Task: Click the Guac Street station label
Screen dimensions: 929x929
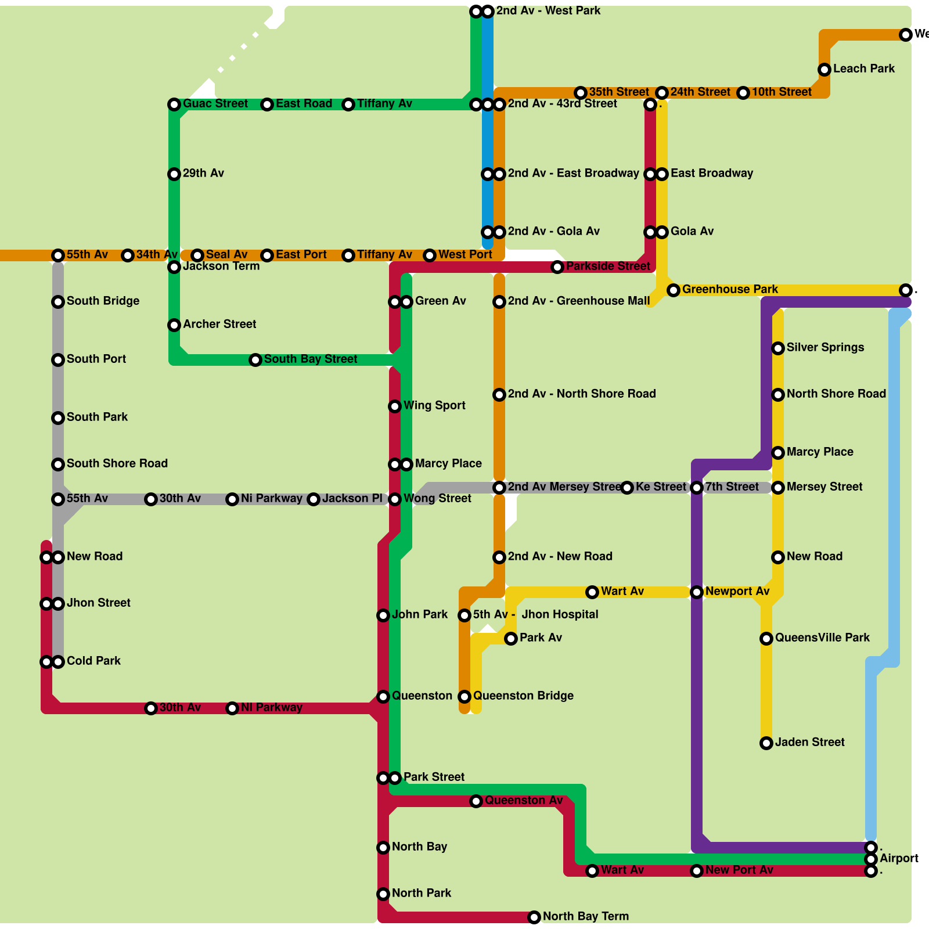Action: click(215, 104)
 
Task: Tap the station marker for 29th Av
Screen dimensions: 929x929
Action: click(174, 174)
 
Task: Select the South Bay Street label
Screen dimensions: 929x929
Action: click(311, 359)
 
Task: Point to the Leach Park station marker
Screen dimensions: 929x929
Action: click(824, 70)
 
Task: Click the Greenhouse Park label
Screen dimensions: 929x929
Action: click(730, 290)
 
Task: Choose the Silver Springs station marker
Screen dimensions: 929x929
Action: click(778, 348)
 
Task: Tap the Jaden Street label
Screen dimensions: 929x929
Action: click(809, 743)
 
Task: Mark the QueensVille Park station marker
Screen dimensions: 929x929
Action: click(766, 639)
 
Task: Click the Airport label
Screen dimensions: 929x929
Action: click(899, 859)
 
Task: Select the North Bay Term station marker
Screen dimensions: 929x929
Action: click(534, 917)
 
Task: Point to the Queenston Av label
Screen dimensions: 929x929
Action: click(524, 801)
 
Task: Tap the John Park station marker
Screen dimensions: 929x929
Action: click(383, 615)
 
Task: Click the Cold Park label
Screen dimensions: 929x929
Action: click(93, 661)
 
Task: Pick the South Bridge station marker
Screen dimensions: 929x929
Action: click(58, 302)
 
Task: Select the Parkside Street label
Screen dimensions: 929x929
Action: click(608, 267)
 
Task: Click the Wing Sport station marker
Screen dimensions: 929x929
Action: click(395, 406)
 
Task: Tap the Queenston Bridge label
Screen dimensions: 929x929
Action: click(523, 696)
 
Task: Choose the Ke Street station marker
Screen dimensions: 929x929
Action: click(627, 488)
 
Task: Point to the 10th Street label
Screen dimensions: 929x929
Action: click(782, 92)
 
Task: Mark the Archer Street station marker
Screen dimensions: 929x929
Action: click(174, 325)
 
